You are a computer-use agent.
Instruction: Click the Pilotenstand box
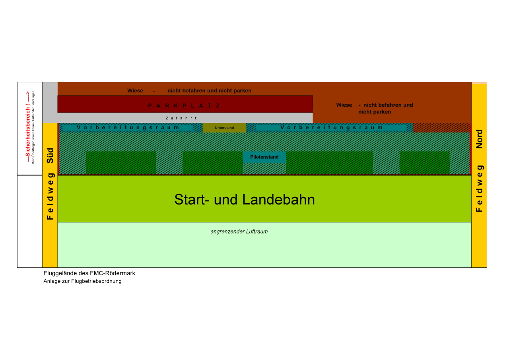point(264,157)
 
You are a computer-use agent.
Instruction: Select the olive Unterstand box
point(224,128)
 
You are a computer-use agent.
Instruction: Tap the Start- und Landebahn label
point(244,200)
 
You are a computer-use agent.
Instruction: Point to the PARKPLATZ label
point(184,105)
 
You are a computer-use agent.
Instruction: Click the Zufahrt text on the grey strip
point(181,118)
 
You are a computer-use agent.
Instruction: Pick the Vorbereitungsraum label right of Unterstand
point(332,128)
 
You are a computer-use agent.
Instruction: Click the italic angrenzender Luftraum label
point(239,232)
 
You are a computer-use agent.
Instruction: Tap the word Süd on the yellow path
point(50,155)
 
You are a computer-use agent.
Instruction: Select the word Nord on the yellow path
point(479,138)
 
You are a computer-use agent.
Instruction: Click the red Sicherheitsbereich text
point(28,126)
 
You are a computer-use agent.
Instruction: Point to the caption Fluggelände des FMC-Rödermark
point(89,273)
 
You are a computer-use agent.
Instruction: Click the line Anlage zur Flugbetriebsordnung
point(83,281)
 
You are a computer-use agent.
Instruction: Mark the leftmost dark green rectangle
point(121,162)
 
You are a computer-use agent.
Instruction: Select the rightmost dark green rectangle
point(424,162)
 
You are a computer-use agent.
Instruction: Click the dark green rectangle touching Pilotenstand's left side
point(212,162)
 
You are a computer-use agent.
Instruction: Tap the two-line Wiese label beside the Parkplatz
point(374,108)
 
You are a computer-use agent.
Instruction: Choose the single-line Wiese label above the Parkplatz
point(189,91)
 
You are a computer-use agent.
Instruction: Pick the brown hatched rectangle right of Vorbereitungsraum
point(441,128)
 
